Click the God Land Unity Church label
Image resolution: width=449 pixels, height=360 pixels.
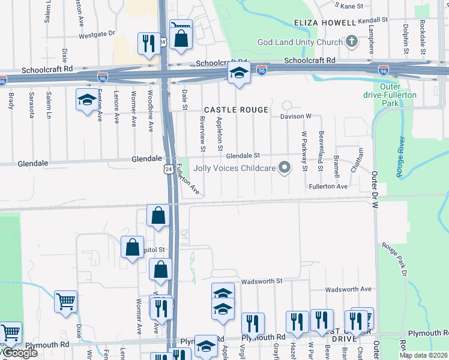pyautogui.click(x=300, y=42)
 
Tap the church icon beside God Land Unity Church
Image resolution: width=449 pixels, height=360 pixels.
pyautogui.click(x=352, y=42)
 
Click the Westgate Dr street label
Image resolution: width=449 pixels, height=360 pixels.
pyautogui.click(x=96, y=35)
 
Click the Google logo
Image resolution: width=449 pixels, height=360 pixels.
pyautogui.click(x=19, y=353)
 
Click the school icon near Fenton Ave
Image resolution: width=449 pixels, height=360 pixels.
pyautogui.click(x=86, y=100)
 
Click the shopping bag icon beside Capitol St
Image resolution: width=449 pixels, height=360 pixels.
pyautogui.click(x=132, y=247)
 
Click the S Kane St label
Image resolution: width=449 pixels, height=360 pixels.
pyautogui.click(x=352, y=6)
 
